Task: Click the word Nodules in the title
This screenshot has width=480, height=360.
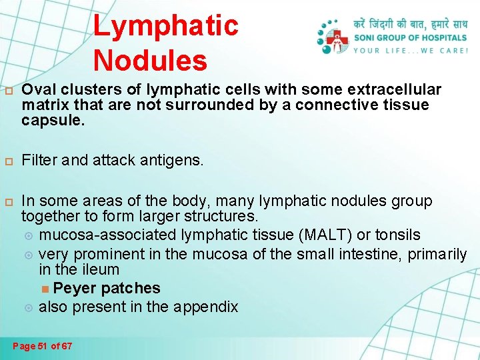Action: coord(150,60)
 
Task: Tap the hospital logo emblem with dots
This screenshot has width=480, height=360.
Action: coord(333,37)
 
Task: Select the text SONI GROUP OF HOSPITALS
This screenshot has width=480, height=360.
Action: coord(409,37)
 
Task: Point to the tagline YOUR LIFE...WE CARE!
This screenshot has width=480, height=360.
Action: coord(409,51)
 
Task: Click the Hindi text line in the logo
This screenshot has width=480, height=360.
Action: coord(409,24)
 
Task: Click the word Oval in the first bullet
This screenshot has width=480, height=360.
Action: coord(37,90)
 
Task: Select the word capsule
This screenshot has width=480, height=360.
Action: coord(47,121)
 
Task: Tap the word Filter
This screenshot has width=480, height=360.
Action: coord(37,160)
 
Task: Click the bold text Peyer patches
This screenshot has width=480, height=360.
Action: coord(107,288)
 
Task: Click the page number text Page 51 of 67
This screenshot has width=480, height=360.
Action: coord(43,346)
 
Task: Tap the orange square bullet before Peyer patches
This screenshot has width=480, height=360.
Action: coord(45,289)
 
